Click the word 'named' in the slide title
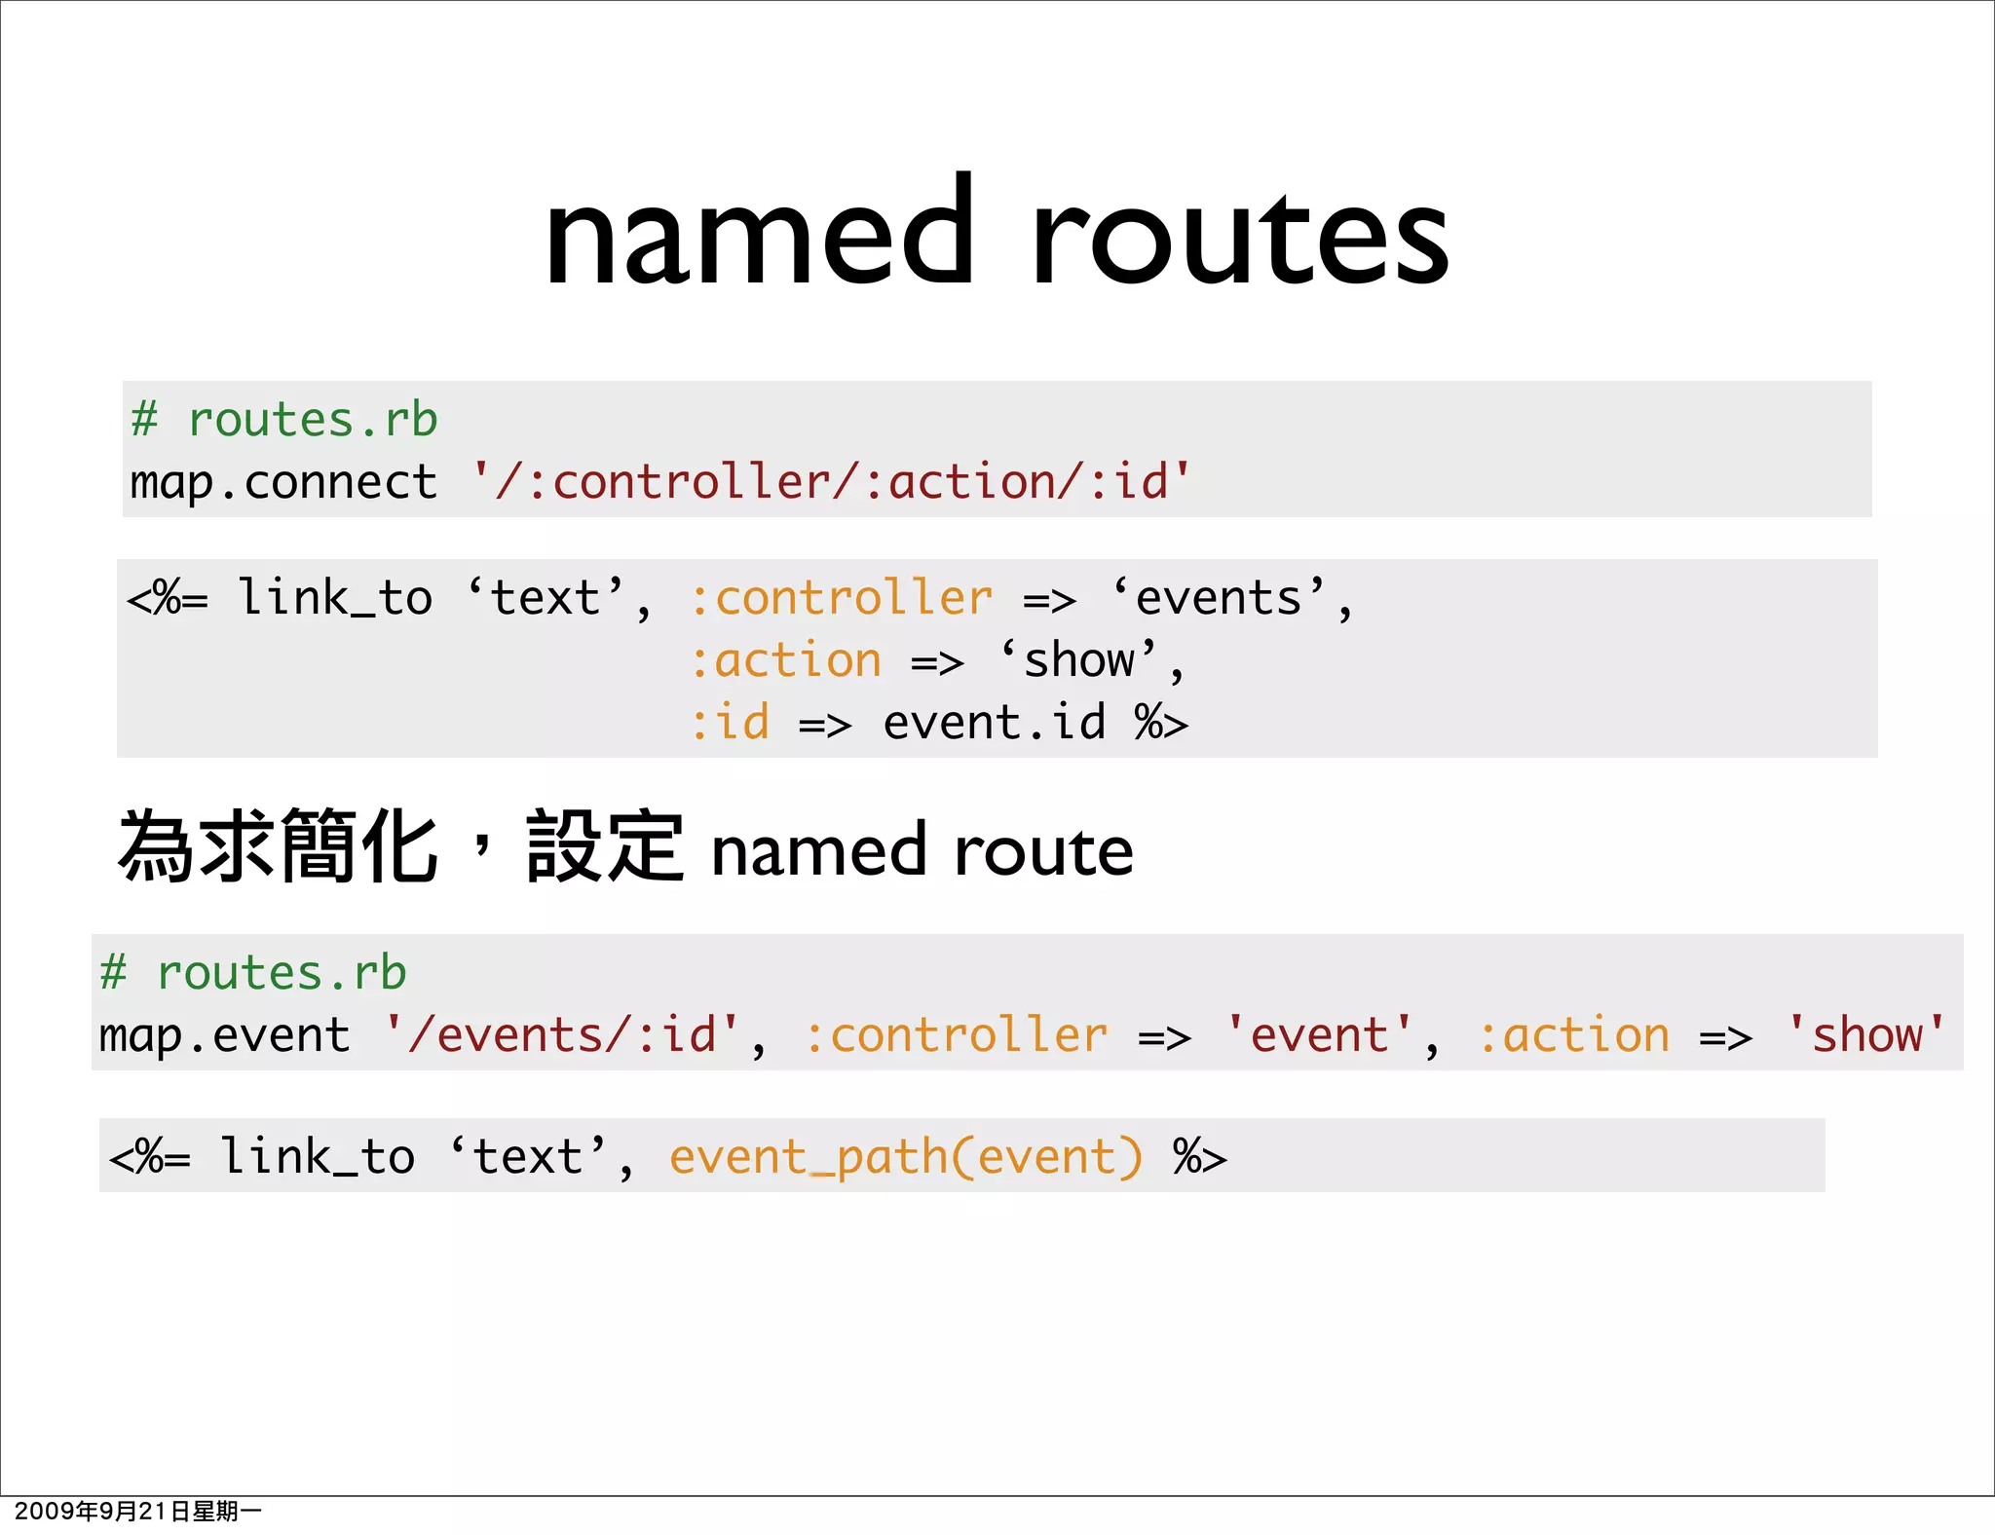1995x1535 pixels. click(x=759, y=234)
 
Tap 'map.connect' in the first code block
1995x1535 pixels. click(x=283, y=483)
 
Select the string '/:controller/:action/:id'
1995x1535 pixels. click(x=831, y=482)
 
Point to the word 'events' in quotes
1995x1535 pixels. click(x=1218, y=597)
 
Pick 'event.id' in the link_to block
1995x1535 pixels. click(x=994, y=723)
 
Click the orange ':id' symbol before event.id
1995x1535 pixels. click(x=730, y=723)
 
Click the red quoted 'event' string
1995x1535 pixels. click(x=1319, y=1034)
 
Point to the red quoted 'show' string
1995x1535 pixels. click(x=1866, y=1034)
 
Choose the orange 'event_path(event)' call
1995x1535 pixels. click(x=906, y=1157)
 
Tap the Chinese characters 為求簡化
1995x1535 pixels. click(x=278, y=847)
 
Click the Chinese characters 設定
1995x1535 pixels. click(x=605, y=847)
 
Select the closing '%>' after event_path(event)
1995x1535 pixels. click(x=1199, y=1157)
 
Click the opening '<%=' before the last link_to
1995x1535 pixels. click(x=150, y=1157)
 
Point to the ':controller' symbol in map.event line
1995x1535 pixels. click(x=956, y=1034)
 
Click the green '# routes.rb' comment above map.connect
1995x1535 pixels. click(x=283, y=420)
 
